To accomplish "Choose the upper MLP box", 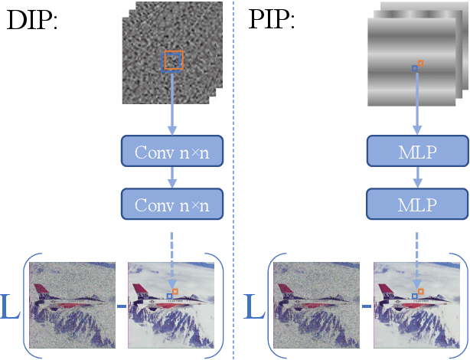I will click(417, 152).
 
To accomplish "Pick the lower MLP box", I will click(417, 205).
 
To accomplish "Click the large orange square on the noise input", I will click(174, 60).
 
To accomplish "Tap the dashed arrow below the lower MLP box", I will click(417, 257).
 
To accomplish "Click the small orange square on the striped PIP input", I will click(420, 63).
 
